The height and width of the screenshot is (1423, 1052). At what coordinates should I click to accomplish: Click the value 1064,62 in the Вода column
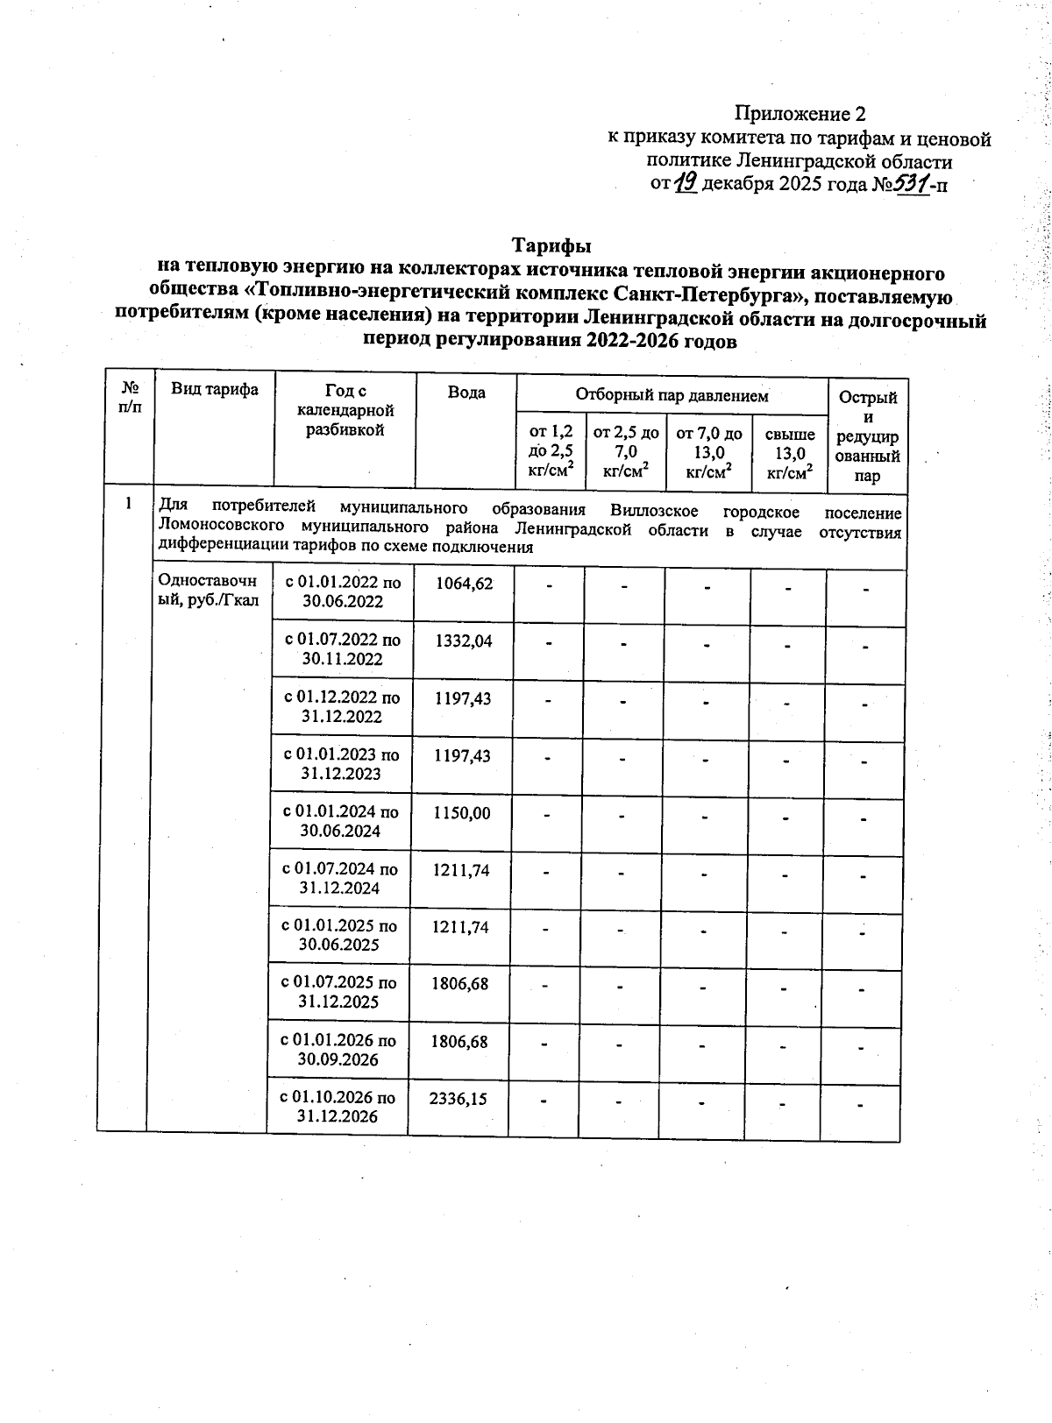click(x=463, y=583)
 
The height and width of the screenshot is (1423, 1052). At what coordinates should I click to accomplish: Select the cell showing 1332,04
click(x=463, y=641)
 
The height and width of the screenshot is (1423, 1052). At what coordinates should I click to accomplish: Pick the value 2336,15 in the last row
click(x=458, y=1098)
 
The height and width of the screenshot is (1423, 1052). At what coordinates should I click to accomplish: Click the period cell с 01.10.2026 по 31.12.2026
click(x=338, y=1107)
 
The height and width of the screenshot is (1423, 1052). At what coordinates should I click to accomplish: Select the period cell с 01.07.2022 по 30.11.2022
click(x=343, y=649)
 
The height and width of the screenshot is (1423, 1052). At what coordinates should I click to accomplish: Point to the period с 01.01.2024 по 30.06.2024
click(x=340, y=821)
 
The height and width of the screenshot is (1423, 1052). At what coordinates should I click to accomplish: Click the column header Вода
click(x=466, y=392)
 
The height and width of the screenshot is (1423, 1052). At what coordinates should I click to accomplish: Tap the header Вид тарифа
click(x=215, y=389)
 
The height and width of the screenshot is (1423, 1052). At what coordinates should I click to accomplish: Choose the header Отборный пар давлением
click(x=672, y=395)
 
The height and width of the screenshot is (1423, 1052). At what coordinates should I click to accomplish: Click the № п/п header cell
click(x=130, y=396)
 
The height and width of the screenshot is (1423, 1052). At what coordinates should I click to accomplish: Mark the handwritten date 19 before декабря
click(x=686, y=182)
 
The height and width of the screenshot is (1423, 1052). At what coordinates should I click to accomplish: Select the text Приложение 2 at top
click(x=800, y=114)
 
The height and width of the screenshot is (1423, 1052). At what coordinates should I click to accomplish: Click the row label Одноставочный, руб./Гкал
click(x=208, y=591)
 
